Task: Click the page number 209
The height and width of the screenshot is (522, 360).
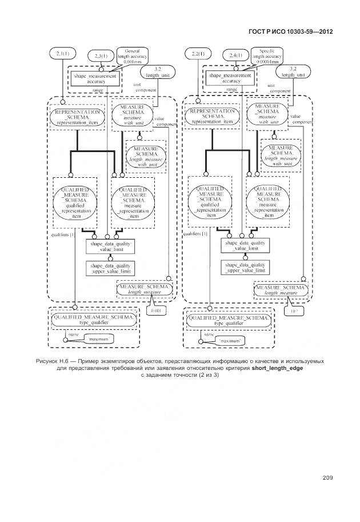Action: (x=327, y=478)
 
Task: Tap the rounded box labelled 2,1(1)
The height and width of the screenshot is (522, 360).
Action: (x=62, y=53)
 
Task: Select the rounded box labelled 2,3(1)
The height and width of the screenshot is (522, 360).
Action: (x=98, y=55)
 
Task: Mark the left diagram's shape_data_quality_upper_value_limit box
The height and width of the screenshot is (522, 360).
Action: (x=111, y=268)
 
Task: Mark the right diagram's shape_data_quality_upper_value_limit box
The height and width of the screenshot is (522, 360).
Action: (x=245, y=268)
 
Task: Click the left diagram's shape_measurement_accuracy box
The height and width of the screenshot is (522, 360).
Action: (x=95, y=78)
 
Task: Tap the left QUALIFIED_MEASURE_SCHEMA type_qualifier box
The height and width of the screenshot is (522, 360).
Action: (x=93, y=319)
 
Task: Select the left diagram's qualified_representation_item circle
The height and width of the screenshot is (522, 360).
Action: (x=75, y=202)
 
